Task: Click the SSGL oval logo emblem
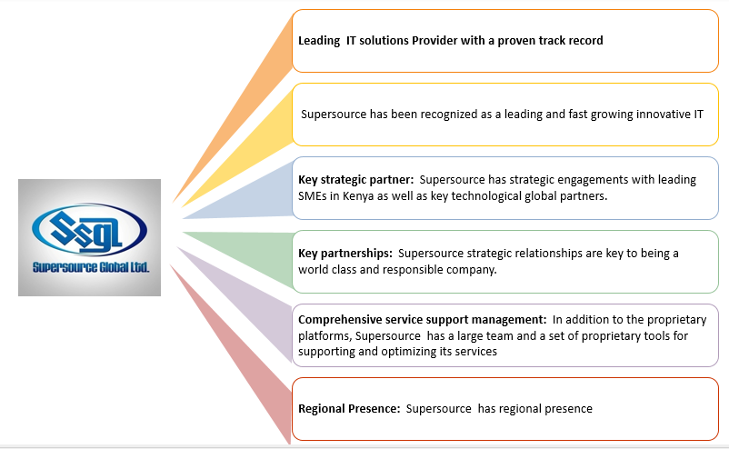click(x=89, y=229)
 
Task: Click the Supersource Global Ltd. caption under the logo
click(x=91, y=267)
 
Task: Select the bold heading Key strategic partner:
click(x=355, y=180)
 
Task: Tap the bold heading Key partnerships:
click(x=345, y=254)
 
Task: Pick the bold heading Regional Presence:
click(x=349, y=409)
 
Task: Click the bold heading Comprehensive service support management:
click(x=422, y=320)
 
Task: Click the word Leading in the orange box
click(x=319, y=41)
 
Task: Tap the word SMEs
click(x=313, y=196)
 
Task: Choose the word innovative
click(x=663, y=115)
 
